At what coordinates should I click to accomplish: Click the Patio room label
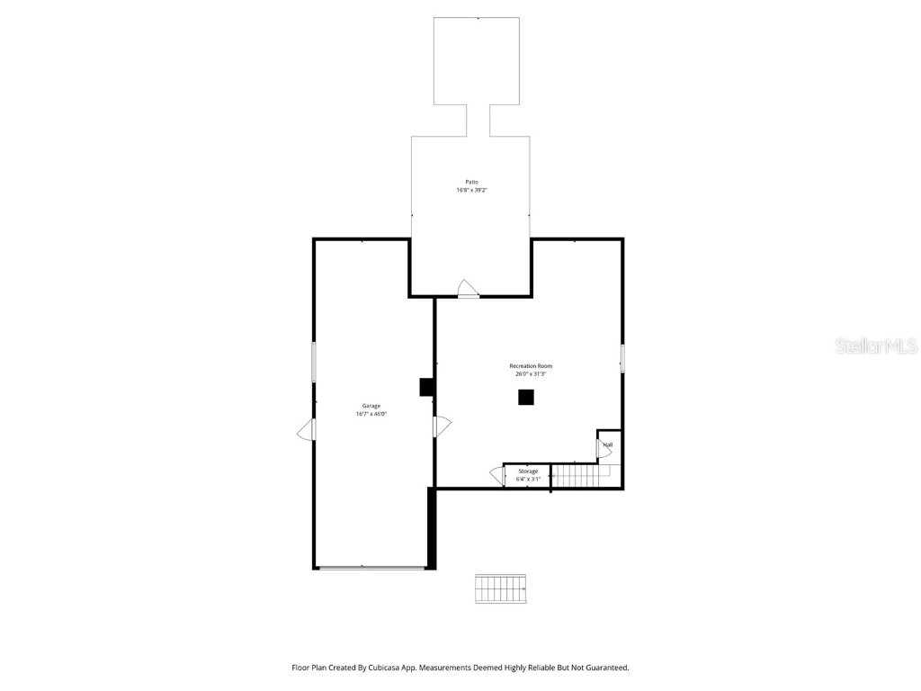tap(471, 182)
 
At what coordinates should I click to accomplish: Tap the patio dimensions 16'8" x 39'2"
tap(471, 190)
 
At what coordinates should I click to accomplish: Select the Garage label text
tap(371, 406)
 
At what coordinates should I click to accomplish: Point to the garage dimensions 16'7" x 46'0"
tap(371, 415)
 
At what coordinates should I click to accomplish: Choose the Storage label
tap(528, 471)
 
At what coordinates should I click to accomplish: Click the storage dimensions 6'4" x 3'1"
tap(528, 480)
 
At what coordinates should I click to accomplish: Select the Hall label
tap(608, 444)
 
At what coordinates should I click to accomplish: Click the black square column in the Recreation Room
tap(526, 397)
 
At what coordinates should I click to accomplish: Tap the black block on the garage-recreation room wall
tap(427, 387)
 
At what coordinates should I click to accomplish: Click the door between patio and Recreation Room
tap(468, 289)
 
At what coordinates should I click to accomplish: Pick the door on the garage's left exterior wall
tap(307, 430)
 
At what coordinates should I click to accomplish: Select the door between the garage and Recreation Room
tap(441, 426)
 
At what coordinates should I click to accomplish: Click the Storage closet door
tap(497, 475)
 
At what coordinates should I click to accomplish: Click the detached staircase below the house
tap(502, 588)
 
